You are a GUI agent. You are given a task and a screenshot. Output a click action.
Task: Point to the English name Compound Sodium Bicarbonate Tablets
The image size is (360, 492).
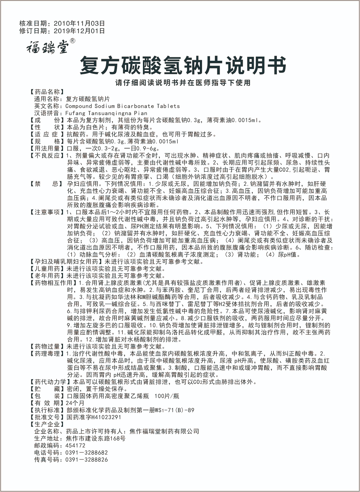[122, 106]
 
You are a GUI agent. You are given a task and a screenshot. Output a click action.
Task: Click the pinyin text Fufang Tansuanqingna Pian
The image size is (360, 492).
[106, 113]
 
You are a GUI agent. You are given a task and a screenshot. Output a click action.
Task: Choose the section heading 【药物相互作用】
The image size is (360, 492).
[52, 283]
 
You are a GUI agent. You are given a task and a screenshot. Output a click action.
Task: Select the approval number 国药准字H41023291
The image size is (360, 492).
[93, 417]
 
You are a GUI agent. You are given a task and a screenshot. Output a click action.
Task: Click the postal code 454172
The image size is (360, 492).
[75, 445]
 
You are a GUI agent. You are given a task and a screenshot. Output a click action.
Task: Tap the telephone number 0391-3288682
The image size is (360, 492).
[86, 452]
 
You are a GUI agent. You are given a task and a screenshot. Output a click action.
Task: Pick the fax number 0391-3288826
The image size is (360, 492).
[86, 460]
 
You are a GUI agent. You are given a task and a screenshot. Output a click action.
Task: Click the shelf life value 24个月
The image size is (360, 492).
[74, 403]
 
